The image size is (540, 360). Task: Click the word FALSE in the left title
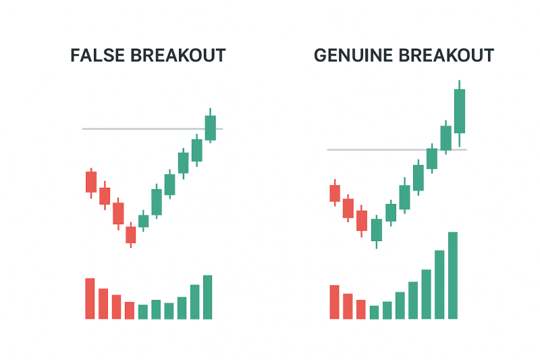pyautogui.click(x=97, y=55)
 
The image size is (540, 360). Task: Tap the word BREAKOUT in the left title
pyautogui.click(x=178, y=55)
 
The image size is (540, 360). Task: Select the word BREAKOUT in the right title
pyautogui.click(x=446, y=55)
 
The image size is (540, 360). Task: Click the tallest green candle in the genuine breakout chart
pyautogui.click(x=460, y=111)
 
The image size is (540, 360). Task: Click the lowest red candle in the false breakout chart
pyautogui.click(x=130, y=234)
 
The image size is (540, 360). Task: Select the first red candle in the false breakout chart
pyautogui.click(x=91, y=182)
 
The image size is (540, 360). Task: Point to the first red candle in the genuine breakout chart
pyautogui.click(x=335, y=193)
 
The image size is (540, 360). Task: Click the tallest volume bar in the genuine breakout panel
pyautogui.click(x=453, y=276)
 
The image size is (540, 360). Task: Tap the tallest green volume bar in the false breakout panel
pyautogui.click(x=208, y=297)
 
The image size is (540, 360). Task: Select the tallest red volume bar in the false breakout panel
pyautogui.click(x=90, y=299)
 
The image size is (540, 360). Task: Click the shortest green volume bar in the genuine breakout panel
pyautogui.click(x=374, y=312)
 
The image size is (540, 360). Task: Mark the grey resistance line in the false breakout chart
pyautogui.click(x=153, y=129)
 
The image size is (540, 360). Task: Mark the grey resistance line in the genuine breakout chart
pyautogui.click(x=397, y=150)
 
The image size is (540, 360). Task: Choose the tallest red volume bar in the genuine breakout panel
pyautogui.click(x=334, y=302)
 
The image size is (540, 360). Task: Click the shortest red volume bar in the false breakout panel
pyautogui.click(x=130, y=311)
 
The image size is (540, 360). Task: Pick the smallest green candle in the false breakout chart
pyautogui.click(x=143, y=221)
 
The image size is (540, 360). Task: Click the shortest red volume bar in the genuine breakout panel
pyautogui.click(x=361, y=309)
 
